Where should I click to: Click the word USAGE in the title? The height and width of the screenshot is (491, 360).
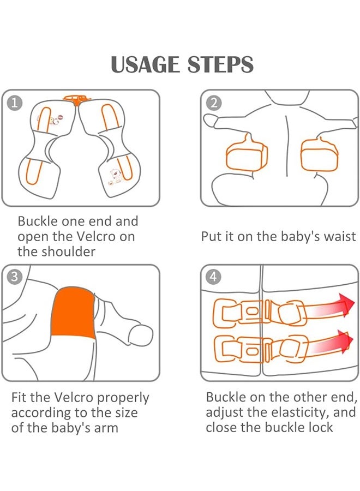pyautogui.click(x=145, y=64)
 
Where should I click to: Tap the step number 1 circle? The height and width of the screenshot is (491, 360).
pyautogui.click(x=14, y=103)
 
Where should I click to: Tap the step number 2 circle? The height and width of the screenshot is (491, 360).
pyautogui.click(x=214, y=103)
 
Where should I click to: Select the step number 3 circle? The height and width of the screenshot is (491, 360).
pyautogui.click(x=14, y=277)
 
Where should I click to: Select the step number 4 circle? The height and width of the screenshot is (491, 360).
pyautogui.click(x=213, y=277)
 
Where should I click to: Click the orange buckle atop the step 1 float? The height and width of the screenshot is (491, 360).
pyautogui.click(x=77, y=99)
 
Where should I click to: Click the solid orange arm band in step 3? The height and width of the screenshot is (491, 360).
pyautogui.click(x=73, y=313)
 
